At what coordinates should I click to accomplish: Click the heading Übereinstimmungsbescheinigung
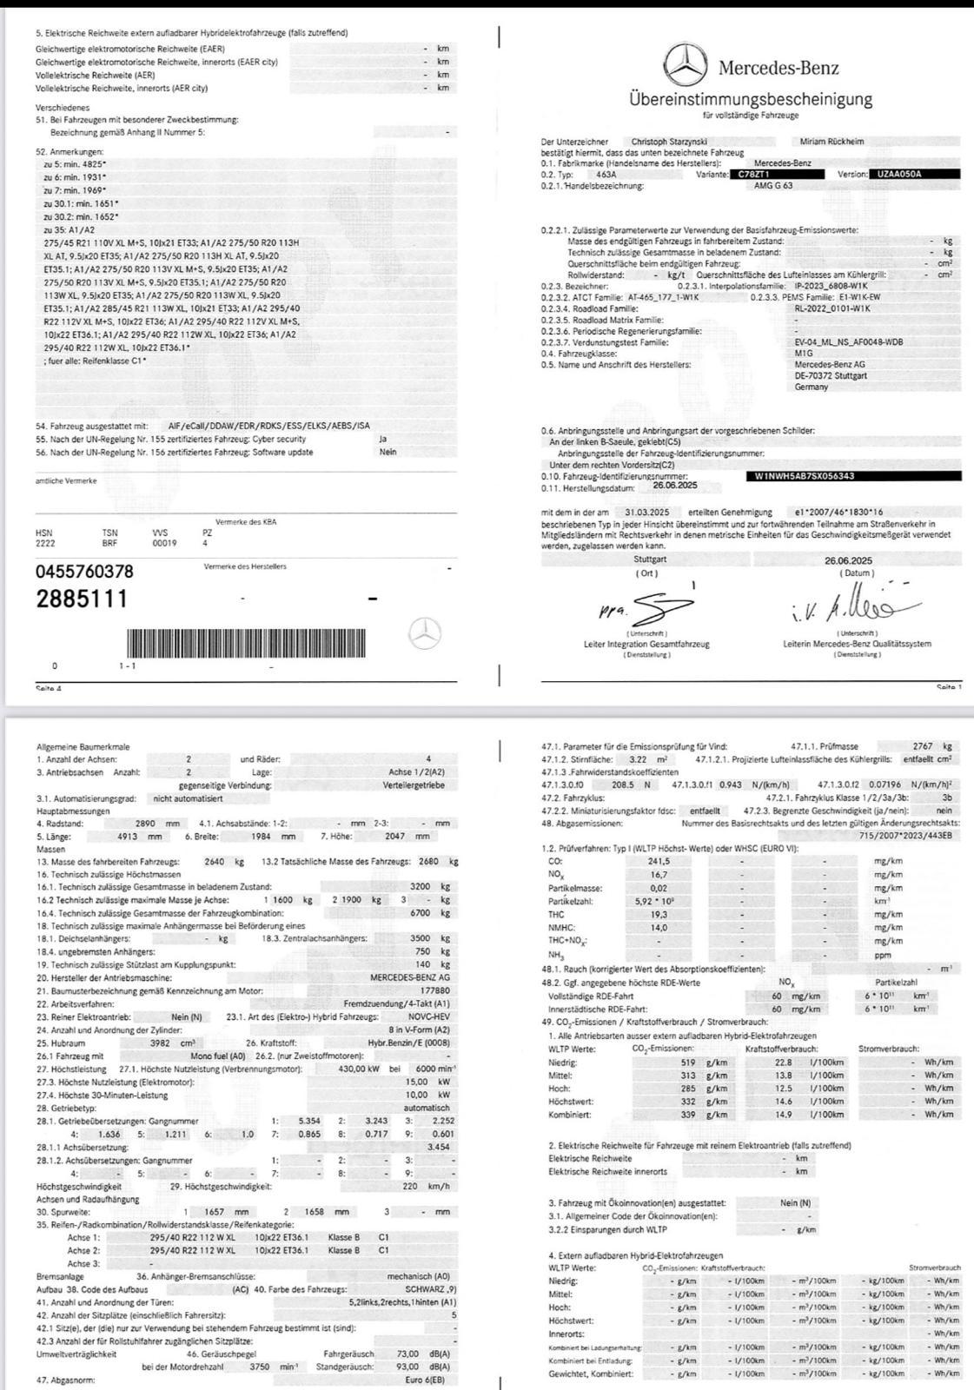click(x=751, y=98)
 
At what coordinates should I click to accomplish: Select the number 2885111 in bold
click(x=81, y=599)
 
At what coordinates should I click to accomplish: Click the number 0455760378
click(x=84, y=572)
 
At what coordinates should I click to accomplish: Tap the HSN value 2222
click(x=44, y=543)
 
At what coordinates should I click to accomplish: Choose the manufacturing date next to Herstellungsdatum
click(x=675, y=487)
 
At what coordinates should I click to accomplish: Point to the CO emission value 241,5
click(x=659, y=861)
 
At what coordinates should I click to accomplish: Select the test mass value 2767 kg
click(x=931, y=746)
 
